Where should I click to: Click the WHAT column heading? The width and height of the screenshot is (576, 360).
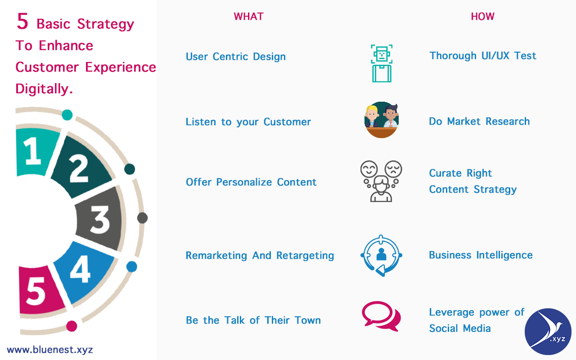tap(248, 17)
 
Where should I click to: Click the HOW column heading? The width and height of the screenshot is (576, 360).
tap(482, 17)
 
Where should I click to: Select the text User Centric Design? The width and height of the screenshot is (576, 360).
tap(236, 57)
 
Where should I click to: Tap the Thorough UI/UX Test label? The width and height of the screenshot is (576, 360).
tap(483, 56)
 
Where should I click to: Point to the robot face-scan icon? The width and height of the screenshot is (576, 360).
tap(382, 63)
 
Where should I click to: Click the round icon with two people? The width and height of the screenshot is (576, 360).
tap(382, 120)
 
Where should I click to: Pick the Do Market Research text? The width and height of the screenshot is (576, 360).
tap(479, 121)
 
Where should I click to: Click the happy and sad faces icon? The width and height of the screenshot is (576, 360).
tap(381, 181)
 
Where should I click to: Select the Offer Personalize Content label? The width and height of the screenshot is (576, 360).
tap(251, 182)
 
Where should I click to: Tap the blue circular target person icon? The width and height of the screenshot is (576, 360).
tap(381, 255)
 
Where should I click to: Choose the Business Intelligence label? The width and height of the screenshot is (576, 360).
tap(481, 255)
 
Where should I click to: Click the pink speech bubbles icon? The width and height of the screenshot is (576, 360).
tap(381, 316)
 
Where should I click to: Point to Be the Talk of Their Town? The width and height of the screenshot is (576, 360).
tap(253, 320)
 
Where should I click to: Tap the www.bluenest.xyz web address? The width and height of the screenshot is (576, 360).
tap(50, 350)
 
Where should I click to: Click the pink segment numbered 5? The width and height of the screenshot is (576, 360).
tap(38, 290)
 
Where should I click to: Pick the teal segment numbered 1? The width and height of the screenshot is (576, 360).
tap(34, 152)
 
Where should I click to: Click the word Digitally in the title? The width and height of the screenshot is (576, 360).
tap(44, 89)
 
